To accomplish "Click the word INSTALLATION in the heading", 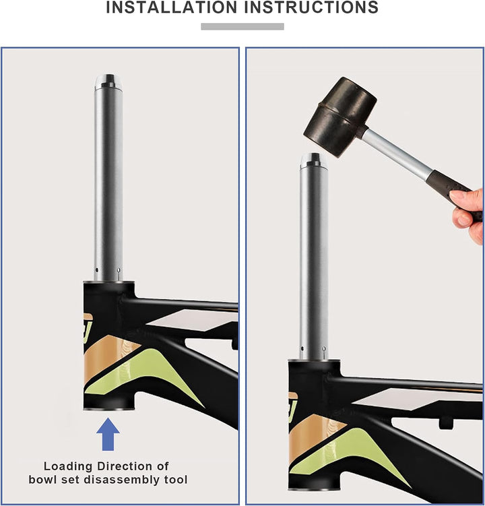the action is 171,7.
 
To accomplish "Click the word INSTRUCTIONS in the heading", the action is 311,7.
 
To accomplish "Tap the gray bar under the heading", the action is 243,26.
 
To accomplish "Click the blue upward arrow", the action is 108,434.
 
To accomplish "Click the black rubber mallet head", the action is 339,117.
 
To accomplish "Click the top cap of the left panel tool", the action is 108,82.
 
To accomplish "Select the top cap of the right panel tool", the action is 314,161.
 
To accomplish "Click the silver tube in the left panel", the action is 108,181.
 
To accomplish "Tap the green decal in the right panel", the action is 348,452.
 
